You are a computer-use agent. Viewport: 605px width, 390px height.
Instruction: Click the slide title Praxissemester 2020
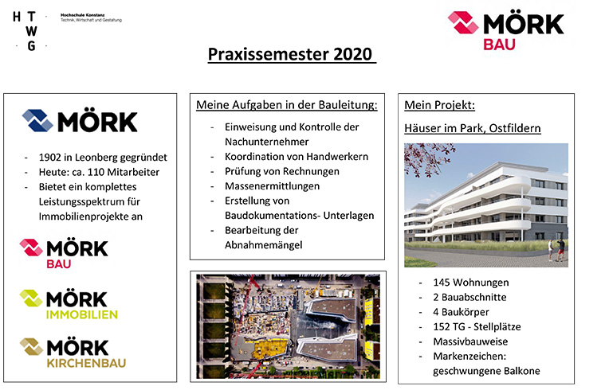[x=290, y=54]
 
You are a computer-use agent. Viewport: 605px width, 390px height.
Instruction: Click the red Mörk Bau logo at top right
[x=506, y=31]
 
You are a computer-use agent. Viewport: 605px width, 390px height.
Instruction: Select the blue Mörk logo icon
[x=37, y=121]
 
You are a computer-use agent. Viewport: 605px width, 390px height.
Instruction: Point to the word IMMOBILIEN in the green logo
[x=82, y=315]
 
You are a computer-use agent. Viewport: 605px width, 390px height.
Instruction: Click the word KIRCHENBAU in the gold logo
[x=86, y=363]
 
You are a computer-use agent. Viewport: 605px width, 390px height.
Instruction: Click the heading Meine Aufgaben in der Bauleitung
[x=287, y=105]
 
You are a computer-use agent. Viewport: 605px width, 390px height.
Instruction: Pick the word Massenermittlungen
[x=272, y=186]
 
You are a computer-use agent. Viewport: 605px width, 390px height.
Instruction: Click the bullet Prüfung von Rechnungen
[x=282, y=171]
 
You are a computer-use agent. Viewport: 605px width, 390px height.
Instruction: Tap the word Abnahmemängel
[x=264, y=245]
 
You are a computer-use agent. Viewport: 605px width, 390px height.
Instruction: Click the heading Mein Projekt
[x=439, y=105]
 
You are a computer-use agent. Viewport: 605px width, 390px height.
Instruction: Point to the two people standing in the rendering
[x=556, y=249]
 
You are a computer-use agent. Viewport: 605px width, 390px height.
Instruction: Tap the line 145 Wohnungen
[x=471, y=283]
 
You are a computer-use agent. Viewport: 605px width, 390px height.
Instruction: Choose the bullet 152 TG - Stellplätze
[x=477, y=327]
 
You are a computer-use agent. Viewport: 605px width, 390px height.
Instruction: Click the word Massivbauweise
[x=470, y=341]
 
